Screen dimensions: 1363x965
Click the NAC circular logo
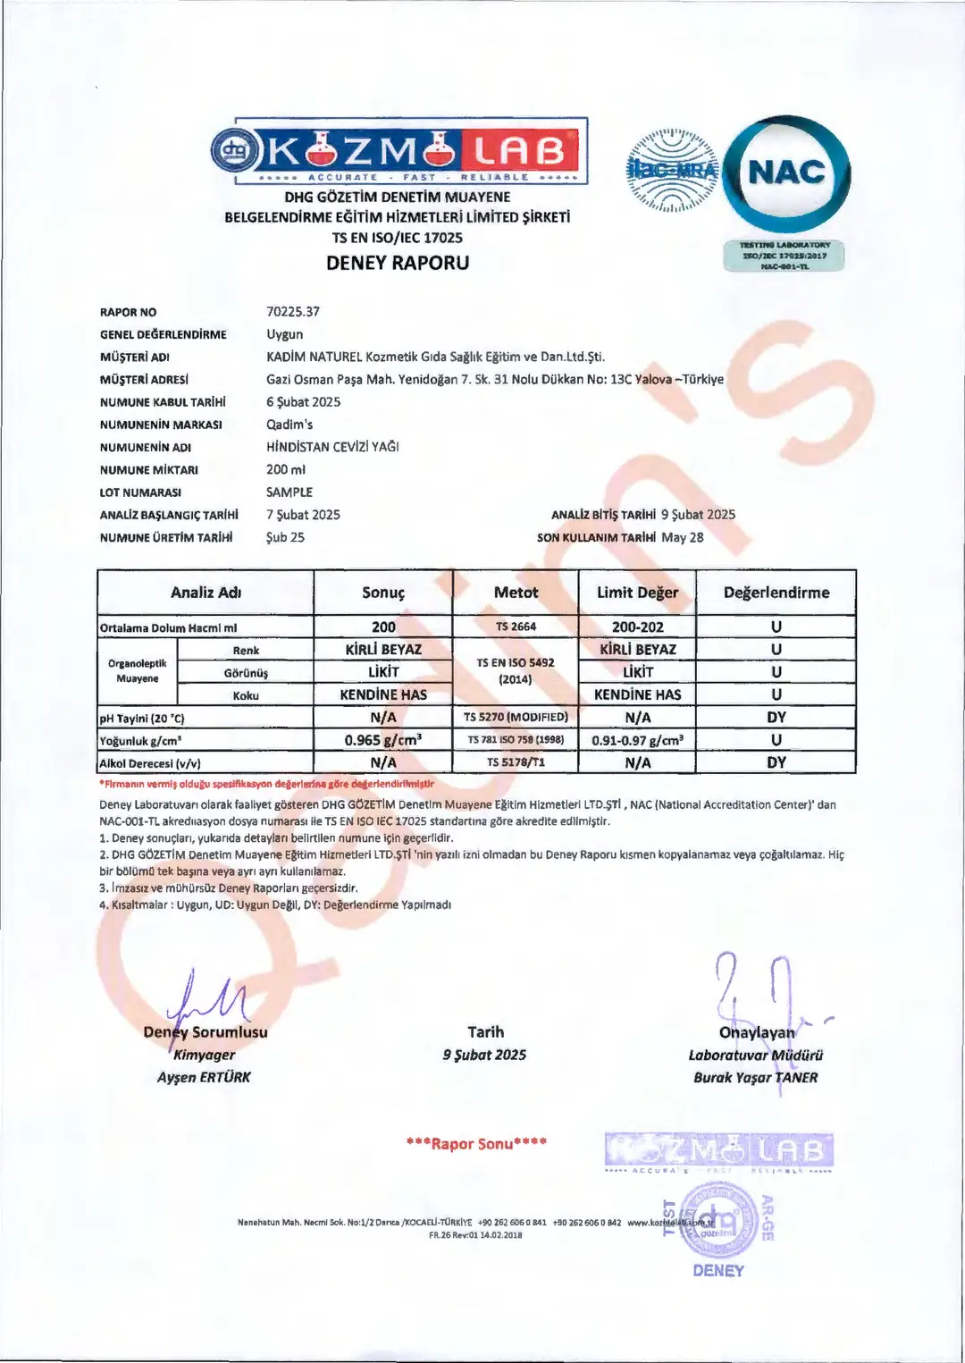pos(786,173)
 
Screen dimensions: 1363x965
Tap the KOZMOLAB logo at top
pos(399,150)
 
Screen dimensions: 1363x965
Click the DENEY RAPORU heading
pos(398,263)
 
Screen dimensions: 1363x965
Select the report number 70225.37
pos(293,312)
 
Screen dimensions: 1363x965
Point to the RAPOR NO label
pos(128,313)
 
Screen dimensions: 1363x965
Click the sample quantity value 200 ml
pos(286,469)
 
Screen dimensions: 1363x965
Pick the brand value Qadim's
pos(289,425)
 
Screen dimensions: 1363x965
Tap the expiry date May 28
pos(683,537)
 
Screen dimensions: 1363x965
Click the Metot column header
pos(516,593)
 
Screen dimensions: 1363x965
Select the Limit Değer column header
pos(637,593)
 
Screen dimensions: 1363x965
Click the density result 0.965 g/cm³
pos(383,740)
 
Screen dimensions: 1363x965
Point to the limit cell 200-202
pos(637,627)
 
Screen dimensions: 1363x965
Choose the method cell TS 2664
pos(516,627)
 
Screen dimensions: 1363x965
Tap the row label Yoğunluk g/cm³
pos(141,741)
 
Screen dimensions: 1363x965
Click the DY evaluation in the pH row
pos(776,717)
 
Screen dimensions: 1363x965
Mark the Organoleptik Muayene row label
pos(138,671)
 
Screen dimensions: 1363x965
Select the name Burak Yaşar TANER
pos(755,1078)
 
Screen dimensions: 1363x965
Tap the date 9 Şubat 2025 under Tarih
pos(484,1056)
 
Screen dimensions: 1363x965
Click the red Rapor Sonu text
pos(476,1143)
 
